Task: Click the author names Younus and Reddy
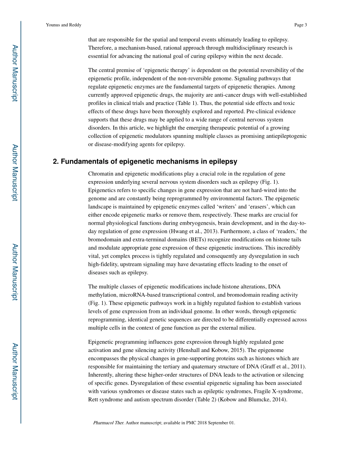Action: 63,25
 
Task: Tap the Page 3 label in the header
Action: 300,25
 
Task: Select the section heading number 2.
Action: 56,162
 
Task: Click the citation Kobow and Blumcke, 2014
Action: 260,399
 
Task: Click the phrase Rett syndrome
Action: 104,399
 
